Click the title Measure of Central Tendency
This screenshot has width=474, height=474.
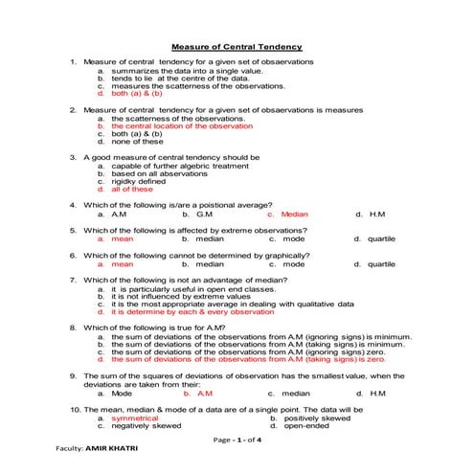point(236,47)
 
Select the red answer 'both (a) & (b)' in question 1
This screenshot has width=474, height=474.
point(137,94)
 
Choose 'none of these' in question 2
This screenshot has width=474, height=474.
point(138,141)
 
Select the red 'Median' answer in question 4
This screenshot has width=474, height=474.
point(294,214)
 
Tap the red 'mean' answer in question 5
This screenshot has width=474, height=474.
point(123,238)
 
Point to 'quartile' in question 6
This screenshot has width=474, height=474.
point(380,263)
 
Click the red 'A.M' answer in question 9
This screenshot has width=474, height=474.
point(204,393)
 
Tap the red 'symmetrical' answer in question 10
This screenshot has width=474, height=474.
point(134,418)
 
